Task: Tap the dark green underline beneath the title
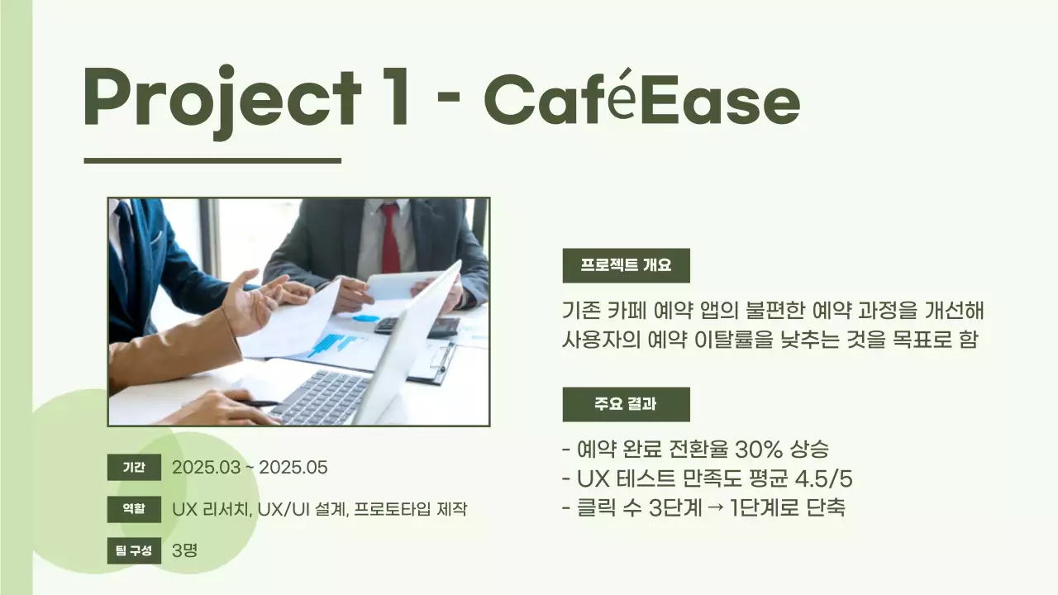(x=212, y=160)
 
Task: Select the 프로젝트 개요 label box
(x=626, y=265)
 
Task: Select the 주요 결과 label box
(x=626, y=404)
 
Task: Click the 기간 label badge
(x=133, y=468)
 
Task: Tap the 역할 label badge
(x=133, y=509)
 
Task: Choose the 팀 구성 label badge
(x=133, y=550)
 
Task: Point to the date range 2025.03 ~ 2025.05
(x=250, y=468)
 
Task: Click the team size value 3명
(x=184, y=550)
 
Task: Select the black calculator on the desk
(x=417, y=326)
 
